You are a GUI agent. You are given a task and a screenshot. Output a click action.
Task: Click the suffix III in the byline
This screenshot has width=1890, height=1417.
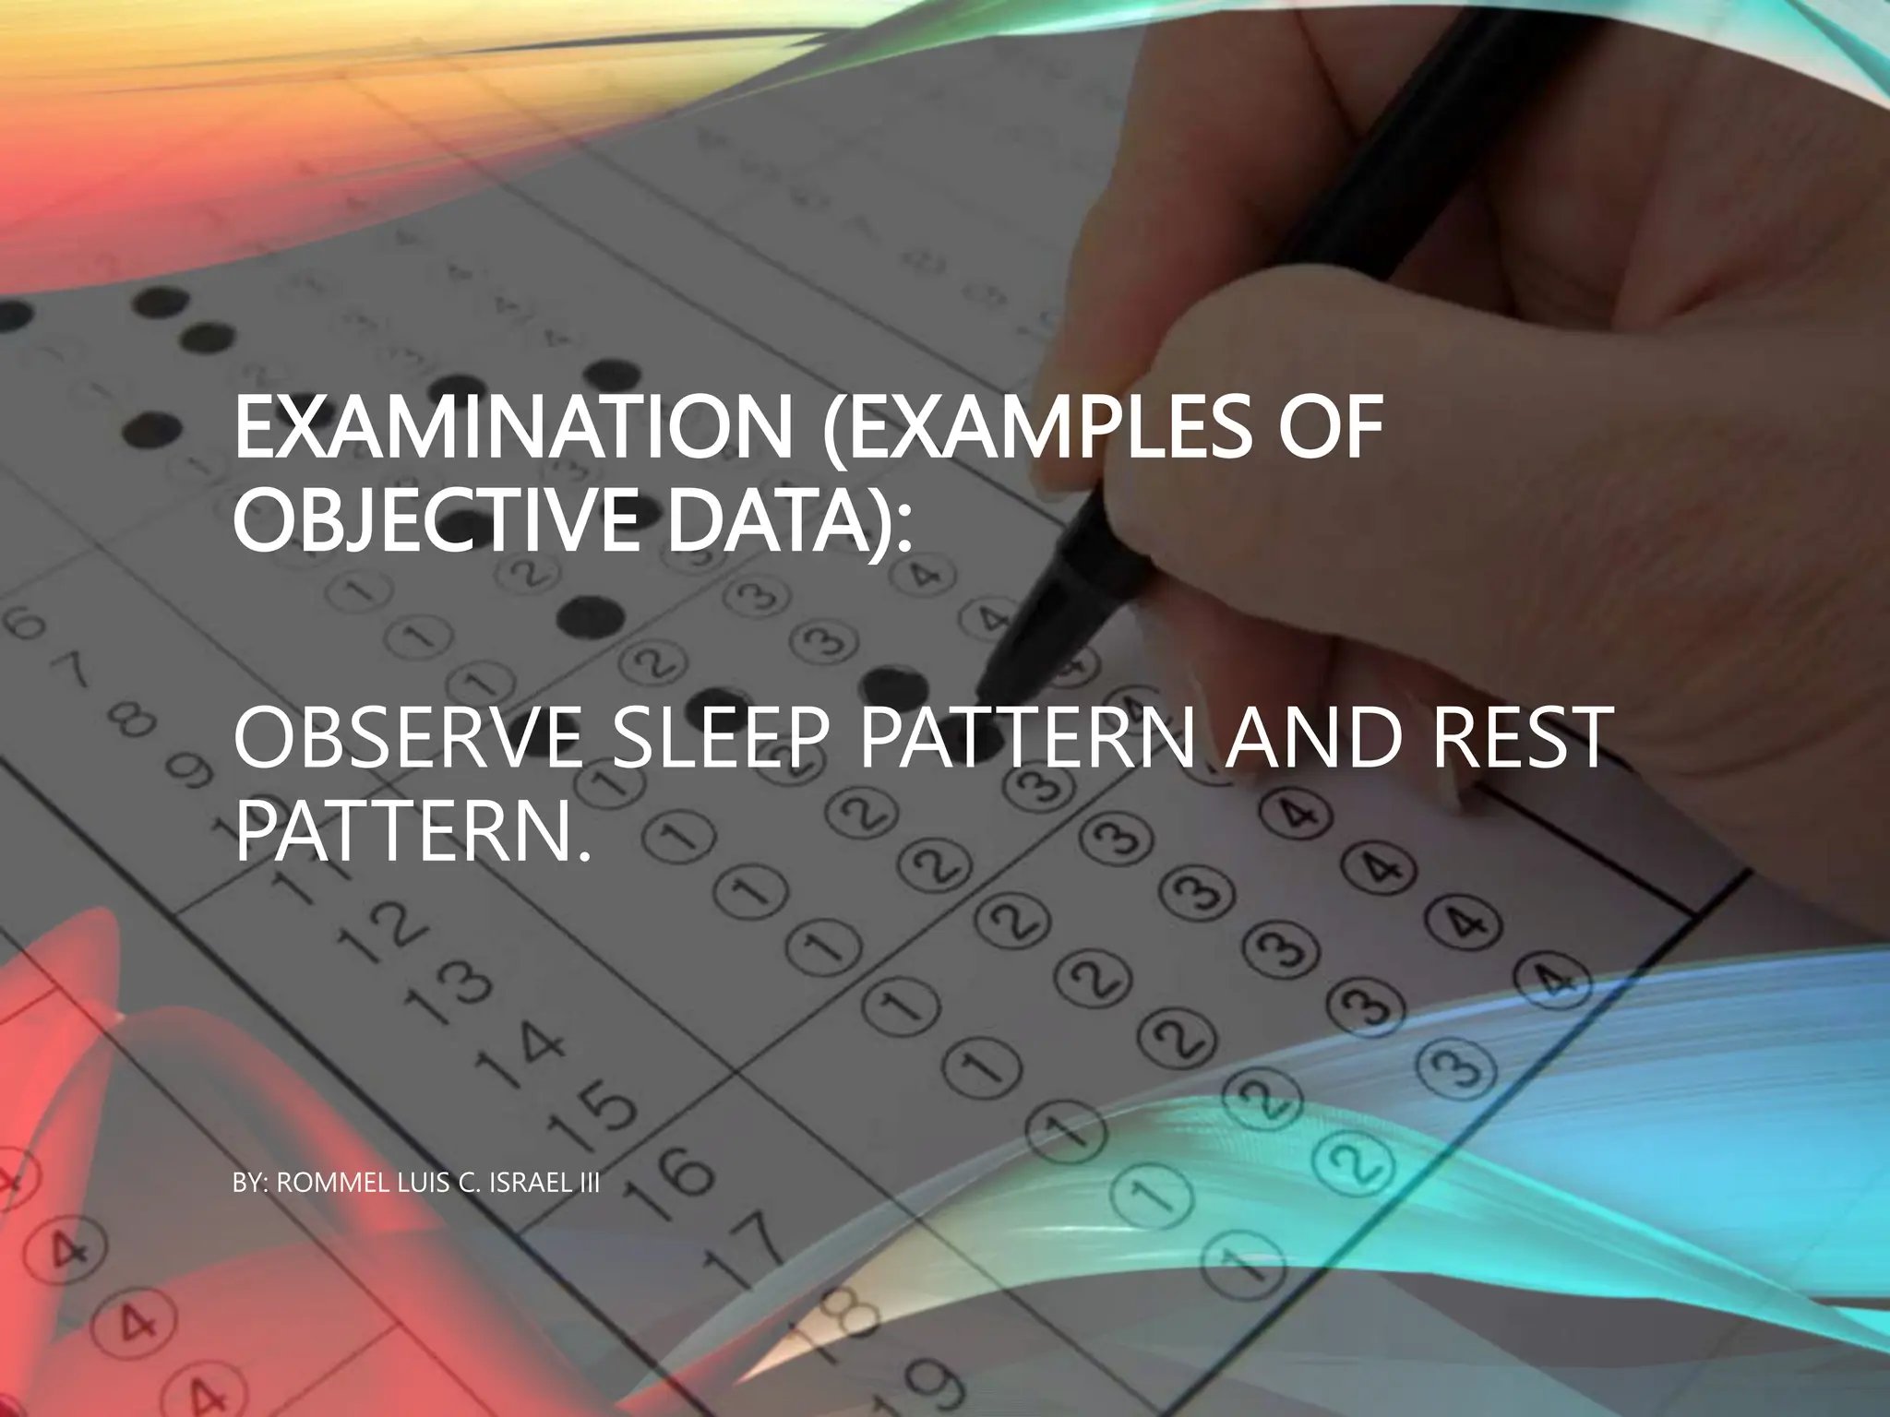pos(588,1184)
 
